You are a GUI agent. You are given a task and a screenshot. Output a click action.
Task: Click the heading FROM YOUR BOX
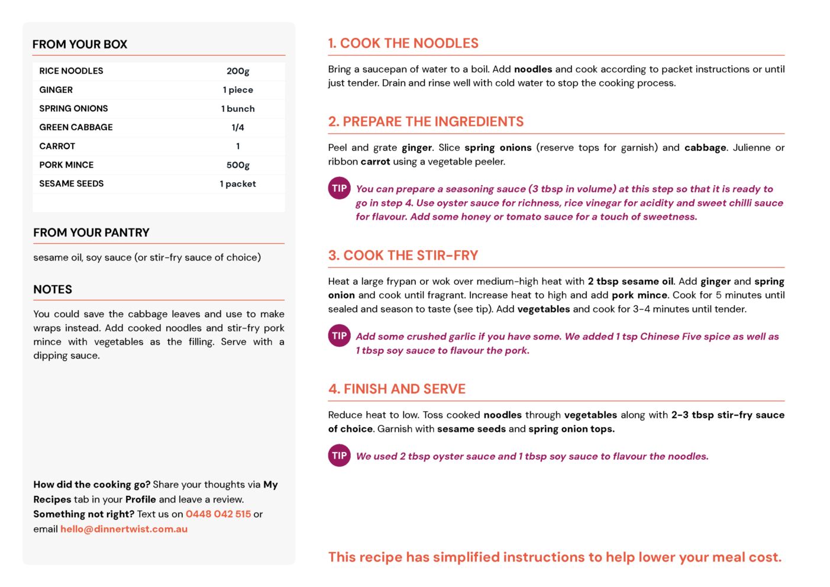click(x=80, y=44)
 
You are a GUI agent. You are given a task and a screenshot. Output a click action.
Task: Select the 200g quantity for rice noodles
click(x=238, y=71)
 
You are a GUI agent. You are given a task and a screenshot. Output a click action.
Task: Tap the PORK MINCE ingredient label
click(x=66, y=165)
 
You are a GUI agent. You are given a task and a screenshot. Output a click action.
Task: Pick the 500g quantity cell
click(x=238, y=165)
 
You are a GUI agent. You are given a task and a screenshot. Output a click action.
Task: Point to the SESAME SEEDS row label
click(x=71, y=184)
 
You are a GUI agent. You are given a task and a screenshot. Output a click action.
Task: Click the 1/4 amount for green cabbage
click(x=238, y=127)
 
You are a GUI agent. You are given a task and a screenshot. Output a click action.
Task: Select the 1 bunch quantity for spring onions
click(x=238, y=109)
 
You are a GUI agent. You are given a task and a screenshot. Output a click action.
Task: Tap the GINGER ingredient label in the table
click(x=56, y=90)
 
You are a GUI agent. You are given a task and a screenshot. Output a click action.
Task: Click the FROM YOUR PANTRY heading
click(x=91, y=233)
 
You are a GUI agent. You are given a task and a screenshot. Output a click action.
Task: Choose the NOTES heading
click(x=53, y=289)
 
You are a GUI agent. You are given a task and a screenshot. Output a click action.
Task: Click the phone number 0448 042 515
click(x=218, y=514)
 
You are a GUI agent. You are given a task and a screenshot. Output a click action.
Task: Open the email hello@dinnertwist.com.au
click(x=124, y=529)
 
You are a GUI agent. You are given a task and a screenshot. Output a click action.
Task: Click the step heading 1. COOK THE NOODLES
click(x=403, y=43)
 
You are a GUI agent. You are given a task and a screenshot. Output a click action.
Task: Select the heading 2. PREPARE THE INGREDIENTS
click(x=426, y=122)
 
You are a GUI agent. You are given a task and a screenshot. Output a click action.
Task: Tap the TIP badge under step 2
click(x=339, y=189)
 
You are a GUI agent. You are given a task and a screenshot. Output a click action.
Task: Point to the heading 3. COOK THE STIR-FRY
click(x=403, y=256)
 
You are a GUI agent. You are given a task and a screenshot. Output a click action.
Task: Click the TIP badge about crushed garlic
click(x=339, y=336)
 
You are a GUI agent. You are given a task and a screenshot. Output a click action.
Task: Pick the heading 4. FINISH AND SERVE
click(x=397, y=389)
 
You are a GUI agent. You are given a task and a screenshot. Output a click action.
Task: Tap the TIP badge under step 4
click(x=339, y=456)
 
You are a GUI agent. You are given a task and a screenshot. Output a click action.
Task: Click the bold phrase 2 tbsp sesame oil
click(x=631, y=282)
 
